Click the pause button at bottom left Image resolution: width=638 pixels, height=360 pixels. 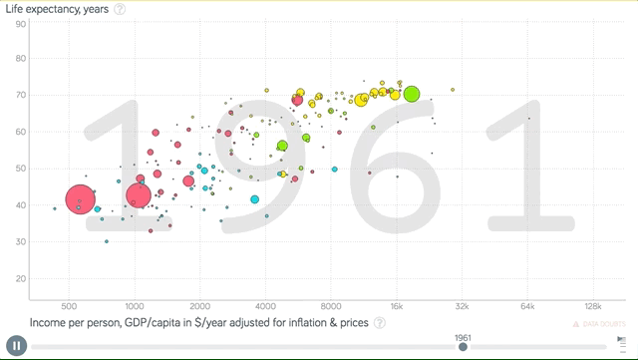click(x=15, y=346)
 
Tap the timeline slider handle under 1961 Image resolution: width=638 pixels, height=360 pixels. click(x=463, y=346)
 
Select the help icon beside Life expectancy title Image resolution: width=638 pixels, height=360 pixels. click(x=120, y=9)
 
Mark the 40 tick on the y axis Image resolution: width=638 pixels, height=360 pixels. click(x=20, y=204)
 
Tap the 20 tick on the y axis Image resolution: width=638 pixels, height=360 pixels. click(x=20, y=277)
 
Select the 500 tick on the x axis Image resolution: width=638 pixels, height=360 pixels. click(x=69, y=305)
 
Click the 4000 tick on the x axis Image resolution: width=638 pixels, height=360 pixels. click(x=265, y=305)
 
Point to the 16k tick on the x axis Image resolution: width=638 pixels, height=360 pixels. click(x=396, y=305)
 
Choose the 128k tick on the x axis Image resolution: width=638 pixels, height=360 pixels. click(x=592, y=305)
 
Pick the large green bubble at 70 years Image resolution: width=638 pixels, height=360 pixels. click(x=412, y=95)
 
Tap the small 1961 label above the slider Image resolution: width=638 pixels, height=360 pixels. click(x=463, y=336)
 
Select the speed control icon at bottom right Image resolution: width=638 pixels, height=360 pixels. click(x=621, y=346)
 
